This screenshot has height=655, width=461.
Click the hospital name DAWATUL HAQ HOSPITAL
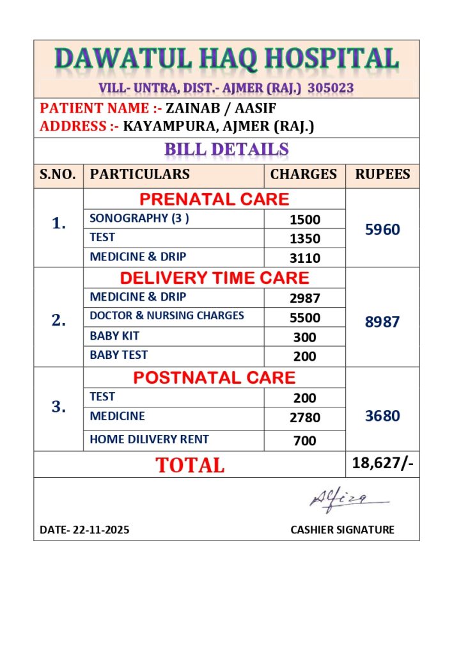click(x=227, y=59)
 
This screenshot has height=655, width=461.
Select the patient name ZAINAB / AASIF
click(x=221, y=108)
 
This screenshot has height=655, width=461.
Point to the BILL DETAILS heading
click(x=226, y=150)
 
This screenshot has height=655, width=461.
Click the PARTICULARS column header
click(x=140, y=174)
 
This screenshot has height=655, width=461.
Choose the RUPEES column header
click(x=382, y=174)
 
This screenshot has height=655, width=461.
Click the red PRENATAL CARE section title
click(x=214, y=199)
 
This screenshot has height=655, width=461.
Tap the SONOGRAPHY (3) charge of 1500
click(x=304, y=219)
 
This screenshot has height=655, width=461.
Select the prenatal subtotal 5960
click(x=382, y=229)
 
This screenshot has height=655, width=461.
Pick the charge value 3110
click(x=304, y=258)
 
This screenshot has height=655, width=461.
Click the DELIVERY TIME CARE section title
click(x=214, y=278)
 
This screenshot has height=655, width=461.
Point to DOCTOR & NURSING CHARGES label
click(x=167, y=315)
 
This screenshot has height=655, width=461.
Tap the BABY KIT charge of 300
click(x=304, y=337)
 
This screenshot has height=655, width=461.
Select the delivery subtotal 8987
click(x=382, y=322)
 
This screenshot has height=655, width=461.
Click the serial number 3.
click(x=59, y=407)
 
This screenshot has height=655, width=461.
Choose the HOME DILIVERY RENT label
click(x=149, y=439)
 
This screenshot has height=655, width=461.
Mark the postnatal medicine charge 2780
click(x=304, y=418)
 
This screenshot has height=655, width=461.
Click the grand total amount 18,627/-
click(x=382, y=463)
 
